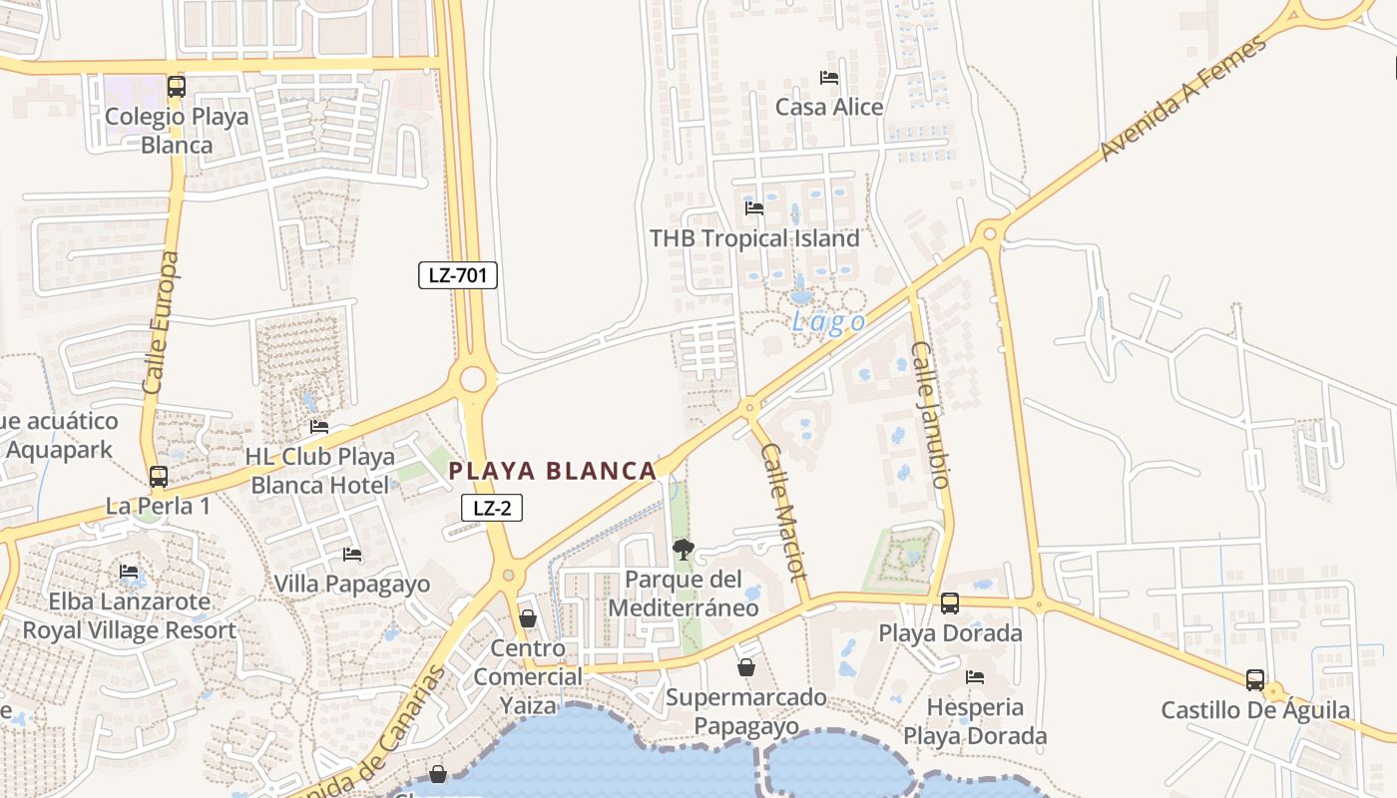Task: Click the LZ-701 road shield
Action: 457,275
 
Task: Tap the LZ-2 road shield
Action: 492,508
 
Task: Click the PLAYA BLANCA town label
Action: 552,471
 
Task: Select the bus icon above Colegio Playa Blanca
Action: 177,87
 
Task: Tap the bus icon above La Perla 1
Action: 159,477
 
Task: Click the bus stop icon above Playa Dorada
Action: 950,603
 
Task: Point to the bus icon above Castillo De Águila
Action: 1255,680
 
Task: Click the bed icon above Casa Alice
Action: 829,77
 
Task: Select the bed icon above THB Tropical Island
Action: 754,208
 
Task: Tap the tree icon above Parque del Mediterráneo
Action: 684,549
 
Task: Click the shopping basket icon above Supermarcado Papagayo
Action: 746,667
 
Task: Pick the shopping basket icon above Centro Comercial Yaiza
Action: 528,619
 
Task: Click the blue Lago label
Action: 828,322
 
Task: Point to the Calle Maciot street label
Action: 783,512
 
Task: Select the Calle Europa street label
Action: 163,321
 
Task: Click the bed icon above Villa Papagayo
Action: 351,555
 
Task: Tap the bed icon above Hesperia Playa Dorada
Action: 975,677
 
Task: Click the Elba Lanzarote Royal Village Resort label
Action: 130,616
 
